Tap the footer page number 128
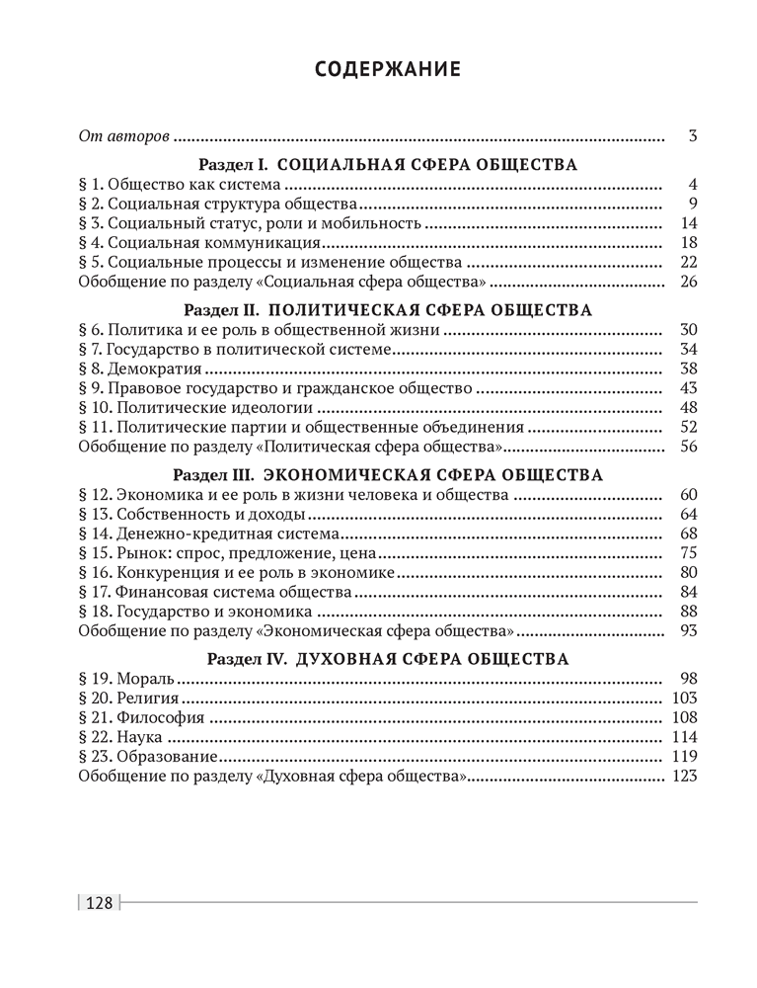click(101, 902)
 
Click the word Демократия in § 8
click(145, 369)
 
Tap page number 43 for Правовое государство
click(688, 388)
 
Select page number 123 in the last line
click(684, 777)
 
